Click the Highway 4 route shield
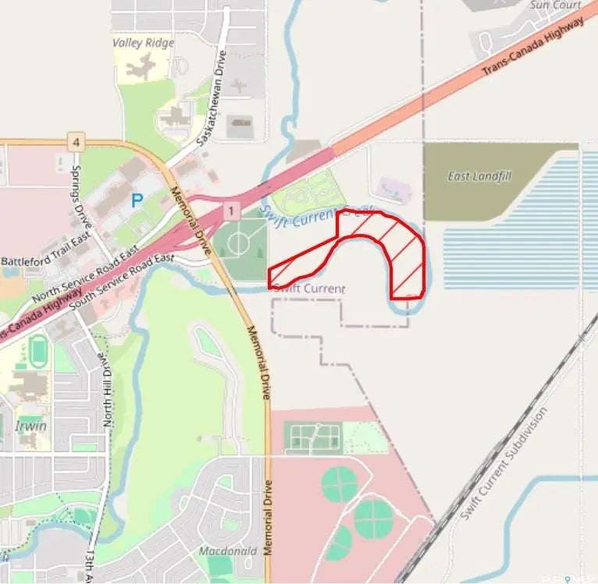75,142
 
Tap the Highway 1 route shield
231,211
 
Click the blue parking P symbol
137,200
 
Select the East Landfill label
479,176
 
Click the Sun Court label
556,5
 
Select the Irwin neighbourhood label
30,426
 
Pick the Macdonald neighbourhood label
227,550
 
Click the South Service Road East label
121,280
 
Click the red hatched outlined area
406,257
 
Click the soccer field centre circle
239,242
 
